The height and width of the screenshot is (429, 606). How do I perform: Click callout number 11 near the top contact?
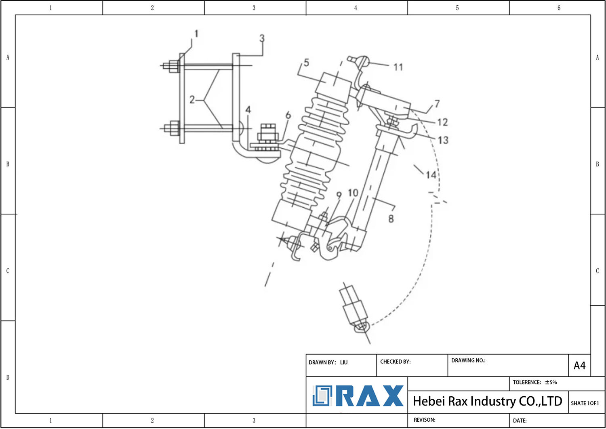point(398,67)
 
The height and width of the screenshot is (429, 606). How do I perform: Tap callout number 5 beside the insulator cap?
point(306,63)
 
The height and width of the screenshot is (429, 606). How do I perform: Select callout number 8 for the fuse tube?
point(391,219)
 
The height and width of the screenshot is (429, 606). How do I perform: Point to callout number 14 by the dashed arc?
point(431,175)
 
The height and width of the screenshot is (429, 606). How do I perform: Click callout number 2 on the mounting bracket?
point(192,99)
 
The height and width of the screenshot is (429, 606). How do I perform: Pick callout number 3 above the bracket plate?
point(262,38)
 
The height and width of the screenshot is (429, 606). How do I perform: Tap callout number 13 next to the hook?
point(443,140)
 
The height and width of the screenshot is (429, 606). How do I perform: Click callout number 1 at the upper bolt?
point(196,34)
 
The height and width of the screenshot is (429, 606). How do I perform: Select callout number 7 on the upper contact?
point(437,103)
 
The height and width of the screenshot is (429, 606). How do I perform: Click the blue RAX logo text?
point(370,396)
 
